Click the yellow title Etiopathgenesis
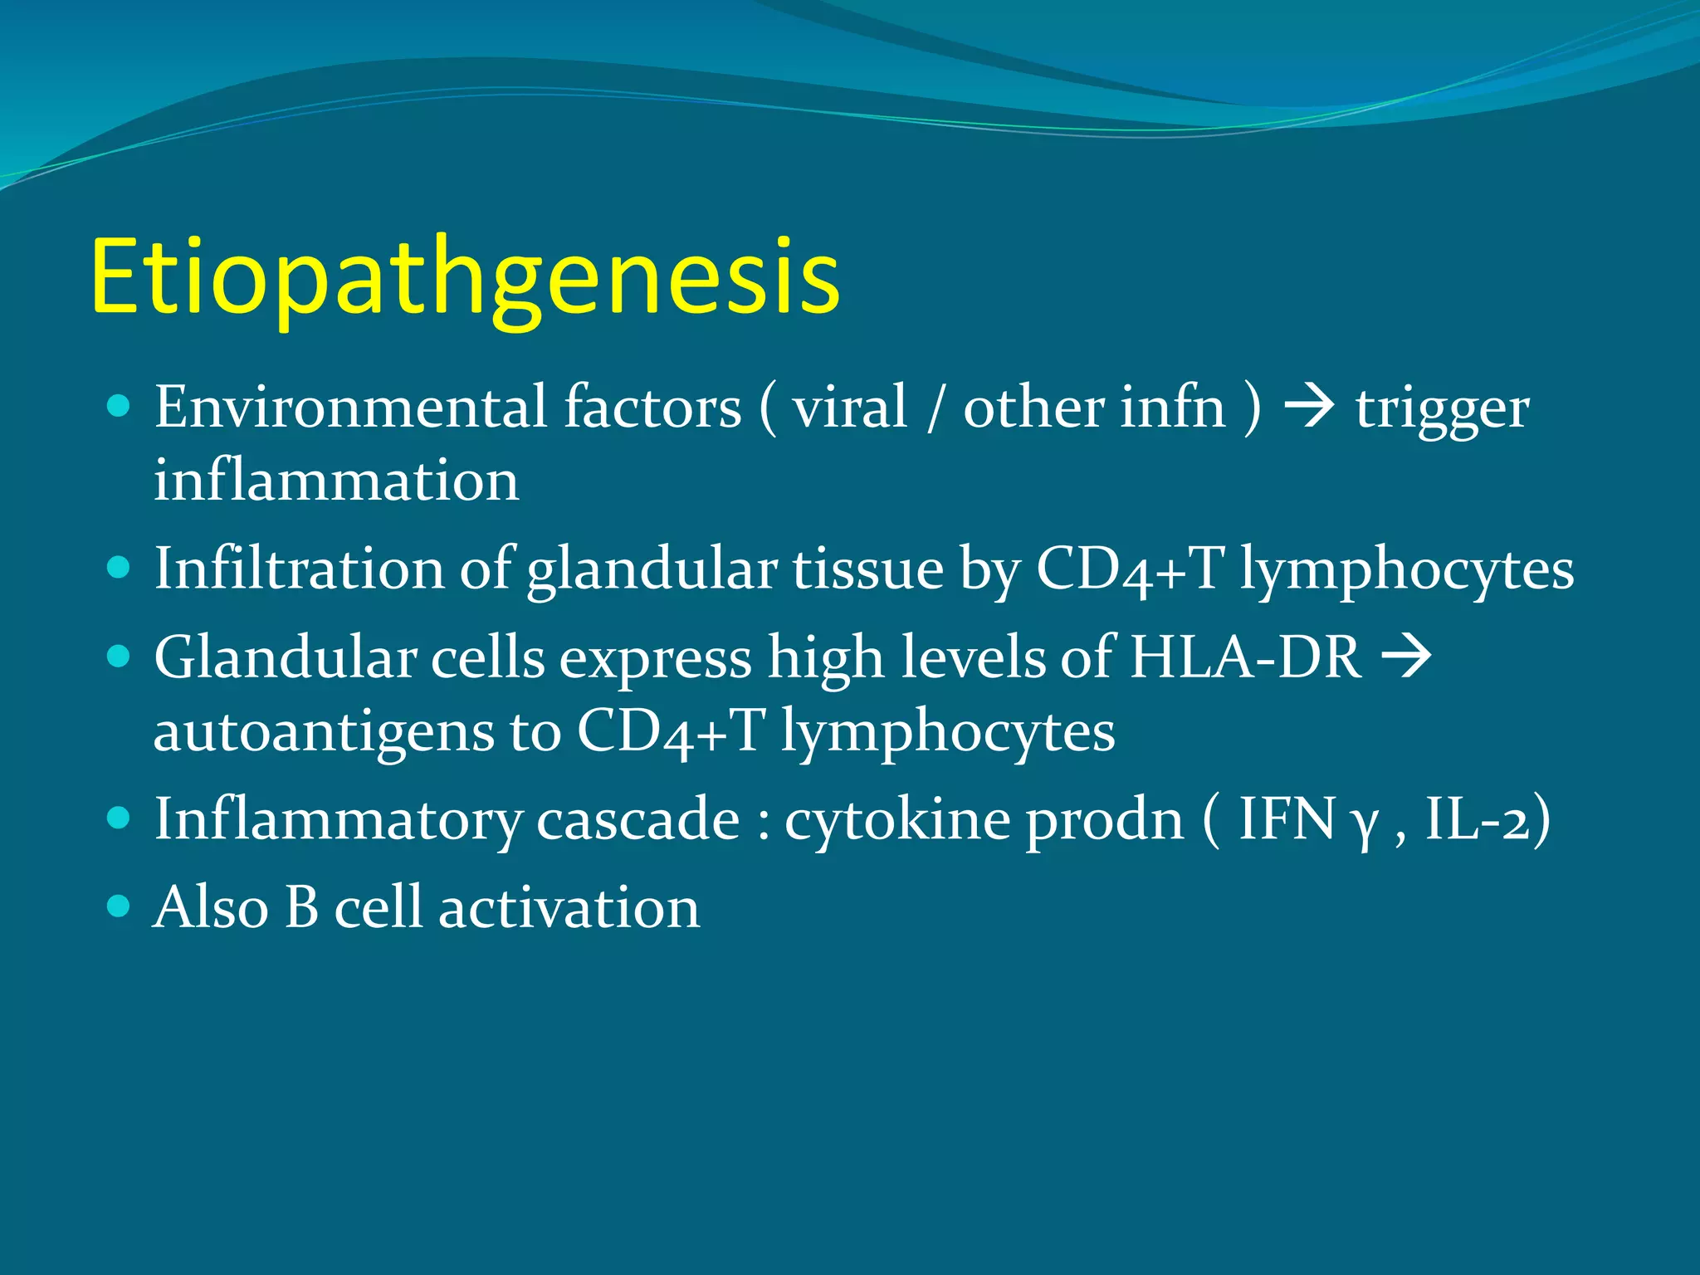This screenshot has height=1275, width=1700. coord(465,278)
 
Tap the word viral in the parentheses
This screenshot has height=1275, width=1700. coord(849,408)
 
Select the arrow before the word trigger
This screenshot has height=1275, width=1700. coord(1309,408)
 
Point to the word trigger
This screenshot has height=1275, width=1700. coord(1442,409)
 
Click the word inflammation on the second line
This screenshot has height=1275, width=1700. coord(336,481)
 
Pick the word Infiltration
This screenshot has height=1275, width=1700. coord(299,569)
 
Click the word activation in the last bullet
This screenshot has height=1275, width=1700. coord(569,906)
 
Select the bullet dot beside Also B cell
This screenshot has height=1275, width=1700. coord(120,905)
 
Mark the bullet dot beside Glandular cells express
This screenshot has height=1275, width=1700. coord(120,657)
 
